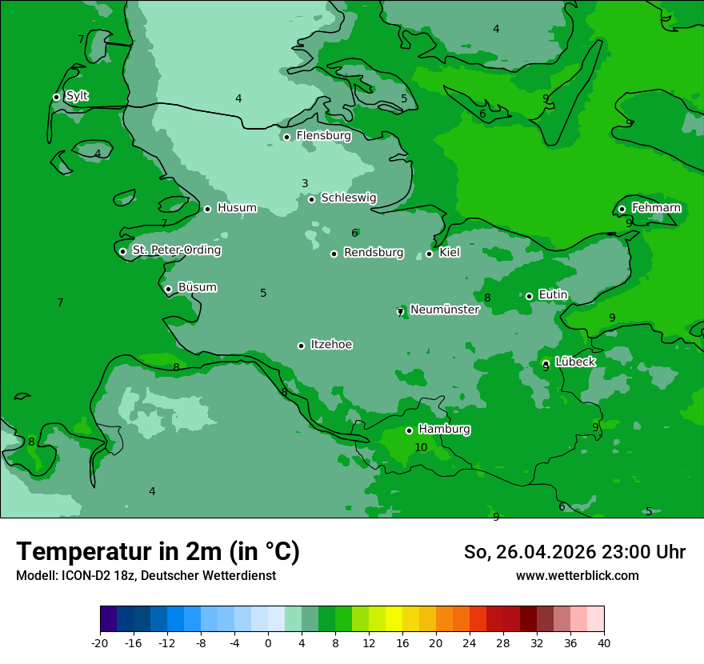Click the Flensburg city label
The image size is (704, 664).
[x=323, y=136]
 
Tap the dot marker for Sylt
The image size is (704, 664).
[x=56, y=97]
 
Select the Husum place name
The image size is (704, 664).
[x=237, y=208]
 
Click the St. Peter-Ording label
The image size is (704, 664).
[x=176, y=250]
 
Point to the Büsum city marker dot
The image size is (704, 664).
[x=168, y=289]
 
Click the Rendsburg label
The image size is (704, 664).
[x=373, y=253]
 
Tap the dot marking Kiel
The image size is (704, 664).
[x=429, y=254]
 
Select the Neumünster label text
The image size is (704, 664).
[x=444, y=310]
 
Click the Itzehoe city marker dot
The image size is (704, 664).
[x=301, y=346]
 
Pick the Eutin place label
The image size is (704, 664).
[x=553, y=295]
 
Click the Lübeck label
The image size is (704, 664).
[x=574, y=362]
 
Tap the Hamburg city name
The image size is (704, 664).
[x=444, y=430]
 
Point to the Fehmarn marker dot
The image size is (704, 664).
[x=622, y=209]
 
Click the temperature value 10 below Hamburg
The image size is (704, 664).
[x=421, y=447]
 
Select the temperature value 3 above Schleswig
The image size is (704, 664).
[x=305, y=183]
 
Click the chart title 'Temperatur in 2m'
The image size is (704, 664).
[x=158, y=551]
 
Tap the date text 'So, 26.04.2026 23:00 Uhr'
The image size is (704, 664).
[x=574, y=552]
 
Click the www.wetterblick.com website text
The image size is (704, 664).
[x=577, y=576]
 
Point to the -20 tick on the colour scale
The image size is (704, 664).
[x=100, y=643]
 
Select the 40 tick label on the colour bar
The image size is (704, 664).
[x=604, y=643]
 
